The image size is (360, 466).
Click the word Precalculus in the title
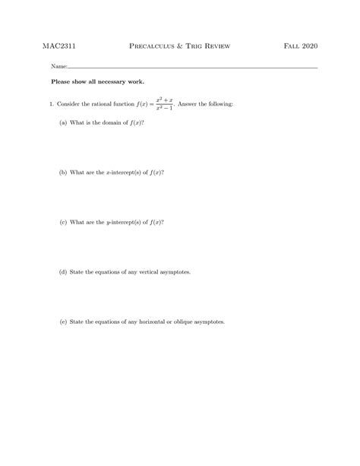click(x=156, y=46)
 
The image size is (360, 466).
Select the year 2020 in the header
click(x=310, y=46)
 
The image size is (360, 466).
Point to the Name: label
click(x=59, y=67)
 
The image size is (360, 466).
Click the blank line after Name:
click(x=190, y=68)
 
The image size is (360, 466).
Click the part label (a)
click(x=63, y=122)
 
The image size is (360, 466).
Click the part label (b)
click(x=63, y=173)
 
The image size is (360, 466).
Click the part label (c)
click(x=63, y=223)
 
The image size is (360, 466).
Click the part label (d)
click(x=63, y=271)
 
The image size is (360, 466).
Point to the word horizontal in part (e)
click(x=144, y=322)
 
